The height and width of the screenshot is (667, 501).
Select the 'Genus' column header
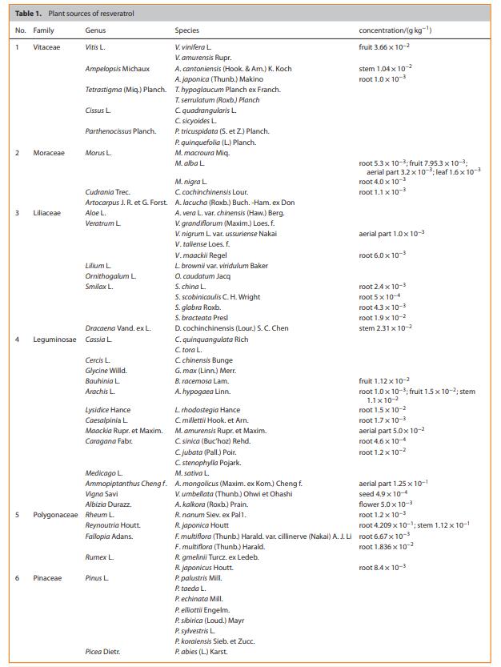coord(95,30)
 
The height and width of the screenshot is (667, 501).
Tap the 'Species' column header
coord(187,30)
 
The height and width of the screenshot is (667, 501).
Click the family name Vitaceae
coord(47,48)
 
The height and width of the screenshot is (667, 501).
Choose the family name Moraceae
coord(49,152)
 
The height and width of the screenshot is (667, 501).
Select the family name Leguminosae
coord(54,340)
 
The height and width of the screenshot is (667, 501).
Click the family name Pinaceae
coord(47,578)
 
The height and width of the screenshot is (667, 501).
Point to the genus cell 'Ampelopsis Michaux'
coord(117,69)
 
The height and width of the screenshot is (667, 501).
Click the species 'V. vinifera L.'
coord(193,48)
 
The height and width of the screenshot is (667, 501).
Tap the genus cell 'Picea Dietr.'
coord(102,652)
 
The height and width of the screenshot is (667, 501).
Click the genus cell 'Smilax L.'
coord(99,287)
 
